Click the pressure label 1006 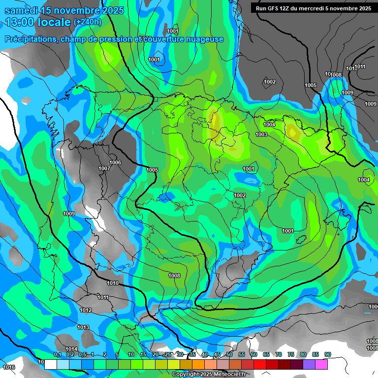click(115, 162)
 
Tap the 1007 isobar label click(104, 168)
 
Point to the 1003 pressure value click(261, 134)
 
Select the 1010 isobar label click(113, 283)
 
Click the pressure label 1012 click(86, 310)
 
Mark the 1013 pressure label click(83, 327)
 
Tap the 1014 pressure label click(72, 349)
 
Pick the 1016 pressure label click(8, 367)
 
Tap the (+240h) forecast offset click(88, 22)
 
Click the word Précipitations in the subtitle click(30, 39)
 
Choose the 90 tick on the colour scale click(327, 354)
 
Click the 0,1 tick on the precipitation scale click(57, 354)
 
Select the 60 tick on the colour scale click(253, 354)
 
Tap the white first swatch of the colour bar click(50, 365)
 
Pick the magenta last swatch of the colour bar click(321, 365)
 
